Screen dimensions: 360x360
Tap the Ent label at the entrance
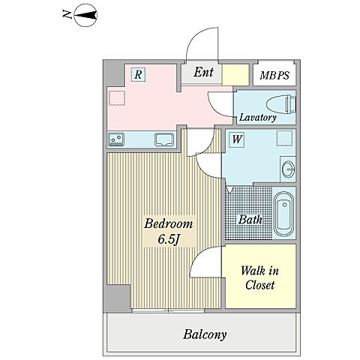pos(203,72)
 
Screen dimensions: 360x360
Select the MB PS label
pos(274,75)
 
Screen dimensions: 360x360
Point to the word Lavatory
pos(258,117)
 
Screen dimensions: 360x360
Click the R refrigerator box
pos(138,74)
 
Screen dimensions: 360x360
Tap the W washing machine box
pos(236,139)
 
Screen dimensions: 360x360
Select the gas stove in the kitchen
pos(116,139)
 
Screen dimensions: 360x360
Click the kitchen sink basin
pos(164,139)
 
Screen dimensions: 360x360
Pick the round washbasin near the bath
pos(288,169)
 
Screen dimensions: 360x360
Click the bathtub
pos(284,214)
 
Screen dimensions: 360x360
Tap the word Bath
pos(250,220)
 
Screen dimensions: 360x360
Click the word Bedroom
pos(169,223)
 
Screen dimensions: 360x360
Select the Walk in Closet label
pos(259,277)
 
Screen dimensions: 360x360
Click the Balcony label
pos(205,334)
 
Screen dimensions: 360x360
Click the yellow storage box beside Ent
pos(235,75)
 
